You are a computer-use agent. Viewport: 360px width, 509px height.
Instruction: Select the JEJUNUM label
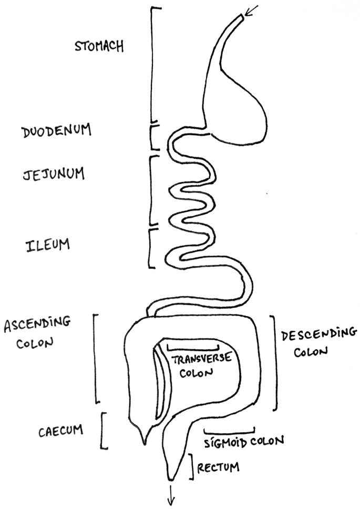tap(54, 174)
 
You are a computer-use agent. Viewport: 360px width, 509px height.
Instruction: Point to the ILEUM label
tap(48, 246)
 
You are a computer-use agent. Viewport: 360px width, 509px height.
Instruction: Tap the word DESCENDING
tap(319, 334)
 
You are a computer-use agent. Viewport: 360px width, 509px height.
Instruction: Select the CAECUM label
tap(61, 431)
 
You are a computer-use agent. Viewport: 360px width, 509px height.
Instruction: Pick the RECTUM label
tap(218, 466)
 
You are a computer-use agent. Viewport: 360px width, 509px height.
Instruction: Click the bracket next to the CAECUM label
tap(104, 430)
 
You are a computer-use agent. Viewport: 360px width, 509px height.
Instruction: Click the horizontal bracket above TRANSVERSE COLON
tap(192, 348)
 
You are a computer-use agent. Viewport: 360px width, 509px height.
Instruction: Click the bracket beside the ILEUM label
tap(151, 247)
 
